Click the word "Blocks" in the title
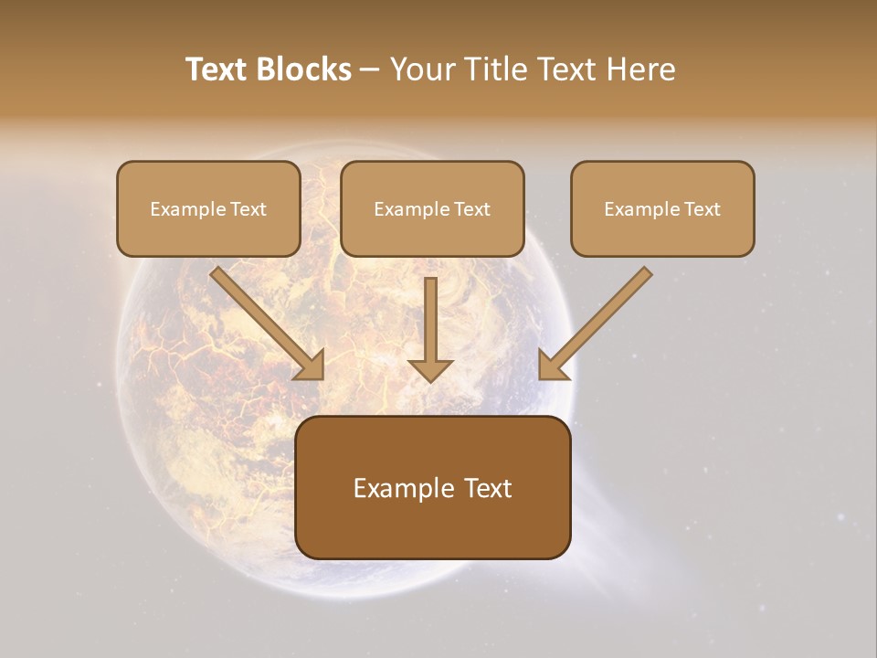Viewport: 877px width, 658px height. pos(304,69)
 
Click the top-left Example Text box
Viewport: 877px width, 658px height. pos(208,208)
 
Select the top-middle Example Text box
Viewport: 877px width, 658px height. pos(432,208)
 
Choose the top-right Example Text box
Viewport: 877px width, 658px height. pos(662,208)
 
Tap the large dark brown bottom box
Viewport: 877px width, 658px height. pos(432,487)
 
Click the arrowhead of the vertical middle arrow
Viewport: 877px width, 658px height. pos(430,369)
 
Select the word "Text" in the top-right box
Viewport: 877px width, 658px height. pos(702,209)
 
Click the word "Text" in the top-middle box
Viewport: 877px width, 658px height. pos(472,209)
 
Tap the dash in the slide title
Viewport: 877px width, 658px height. pos(370,69)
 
